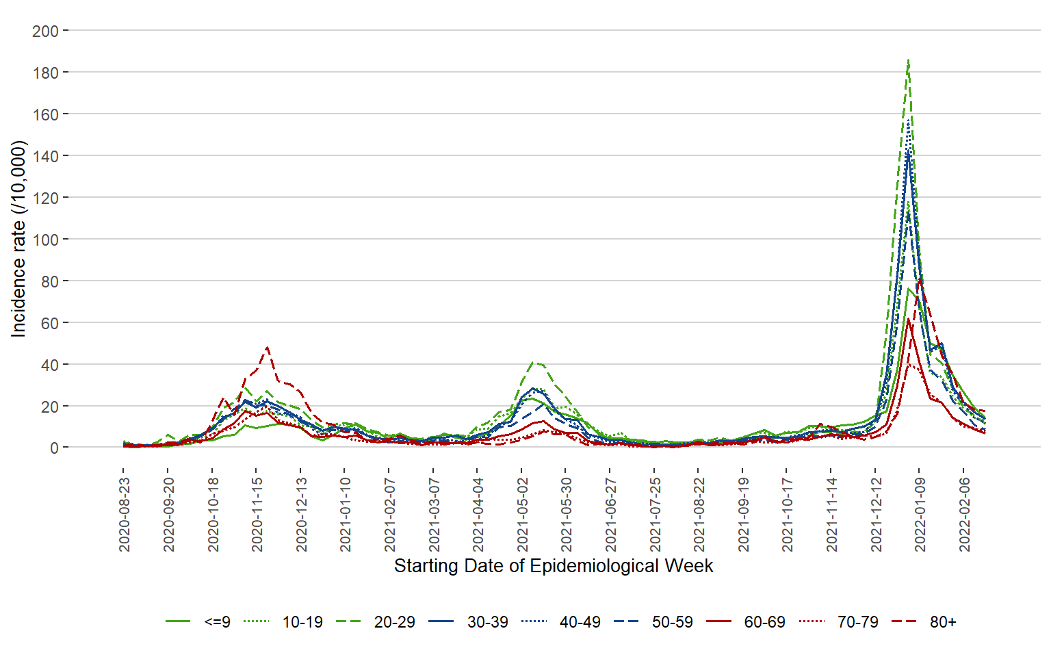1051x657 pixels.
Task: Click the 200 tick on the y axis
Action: click(x=45, y=31)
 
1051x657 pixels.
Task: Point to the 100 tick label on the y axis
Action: click(x=45, y=240)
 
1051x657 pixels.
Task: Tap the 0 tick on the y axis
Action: click(x=53, y=448)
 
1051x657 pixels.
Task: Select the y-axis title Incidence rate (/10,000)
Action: click(x=18, y=239)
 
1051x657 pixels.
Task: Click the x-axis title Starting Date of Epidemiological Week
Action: click(x=554, y=566)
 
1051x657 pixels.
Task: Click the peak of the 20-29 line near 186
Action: click(x=908, y=60)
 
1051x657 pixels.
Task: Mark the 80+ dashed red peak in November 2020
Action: click(x=267, y=347)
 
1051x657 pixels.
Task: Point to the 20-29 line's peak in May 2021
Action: click(x=536, y=362)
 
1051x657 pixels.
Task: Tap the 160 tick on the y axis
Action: click(x=45, y=114)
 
